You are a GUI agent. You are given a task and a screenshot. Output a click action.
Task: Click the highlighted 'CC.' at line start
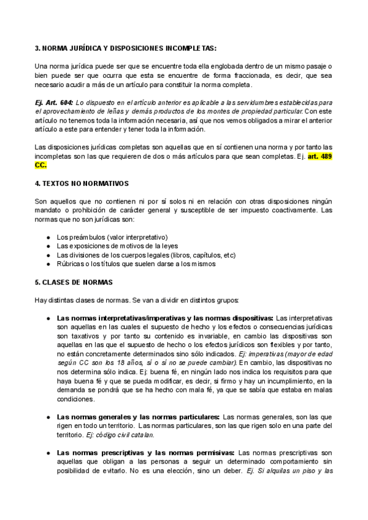click(x=40, y=165)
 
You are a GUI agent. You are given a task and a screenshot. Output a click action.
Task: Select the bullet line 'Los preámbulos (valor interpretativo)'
click(x=112, y=237)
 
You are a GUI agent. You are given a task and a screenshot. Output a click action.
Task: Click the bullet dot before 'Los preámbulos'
click(x=48, y=237)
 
